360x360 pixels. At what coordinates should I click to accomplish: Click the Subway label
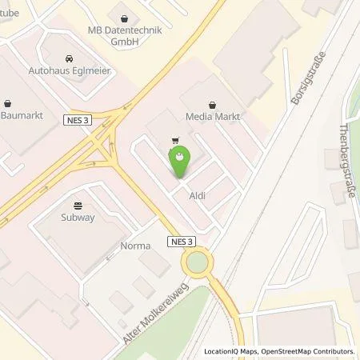click(x=78, y=216)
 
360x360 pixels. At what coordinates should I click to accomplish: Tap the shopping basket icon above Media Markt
click(x=212, y=103)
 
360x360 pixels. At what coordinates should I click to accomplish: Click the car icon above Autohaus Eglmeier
click(x=68, y=58)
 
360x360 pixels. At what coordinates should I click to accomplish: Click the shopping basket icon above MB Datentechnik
click(x=126, y=17)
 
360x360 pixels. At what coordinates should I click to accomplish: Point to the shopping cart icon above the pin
click(x=174, y=138)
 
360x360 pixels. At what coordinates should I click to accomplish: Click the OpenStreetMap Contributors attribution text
click(x=312, y=351)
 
